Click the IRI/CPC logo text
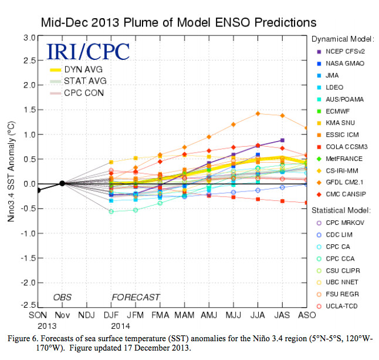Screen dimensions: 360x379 [88, 51]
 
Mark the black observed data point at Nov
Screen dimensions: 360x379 [62, 183]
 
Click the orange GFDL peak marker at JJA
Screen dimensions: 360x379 [258, 113]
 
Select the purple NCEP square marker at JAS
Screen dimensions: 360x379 [282, 140]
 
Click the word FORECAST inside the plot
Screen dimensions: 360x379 [136, 297]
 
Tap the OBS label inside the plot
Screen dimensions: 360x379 [63, 297]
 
